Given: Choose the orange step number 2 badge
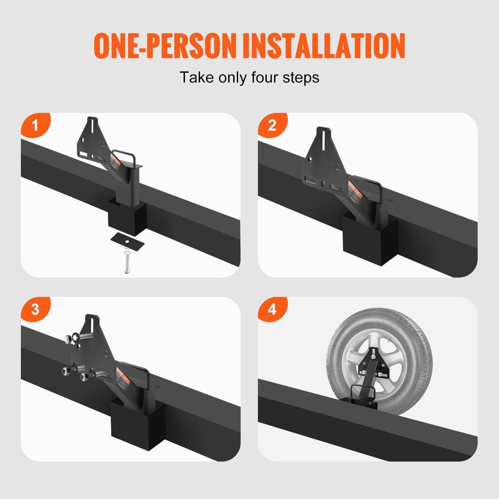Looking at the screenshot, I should click(272, 125).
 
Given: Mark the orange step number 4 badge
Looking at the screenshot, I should click(272, 309).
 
